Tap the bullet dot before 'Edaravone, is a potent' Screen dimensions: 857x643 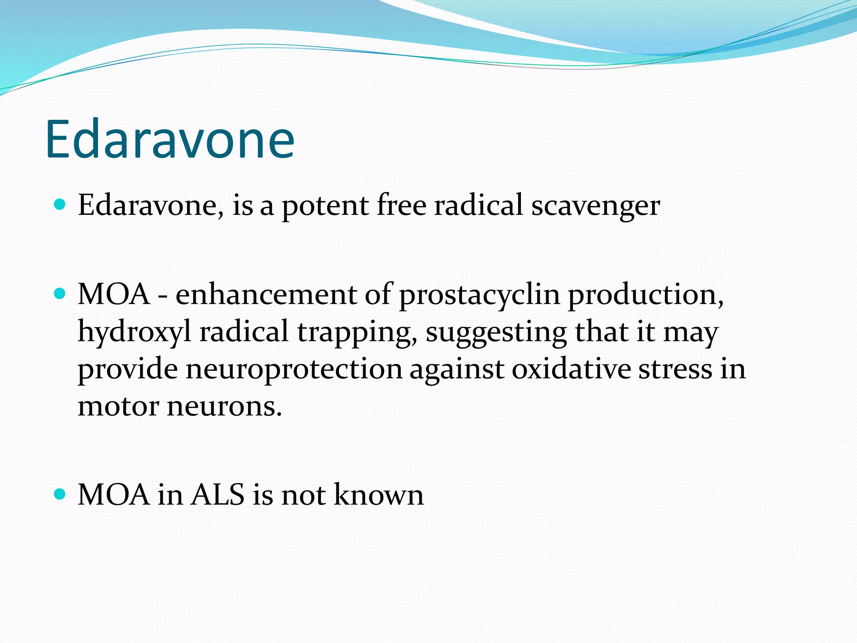(61, 205)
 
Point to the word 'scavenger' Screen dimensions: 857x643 (596, 206)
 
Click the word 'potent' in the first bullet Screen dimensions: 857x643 (326, 206)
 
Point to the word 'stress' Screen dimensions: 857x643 (675, 369)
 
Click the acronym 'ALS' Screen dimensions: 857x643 (218, 495)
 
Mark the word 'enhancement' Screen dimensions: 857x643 (266, 295)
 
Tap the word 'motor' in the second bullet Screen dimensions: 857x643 (118, 406)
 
